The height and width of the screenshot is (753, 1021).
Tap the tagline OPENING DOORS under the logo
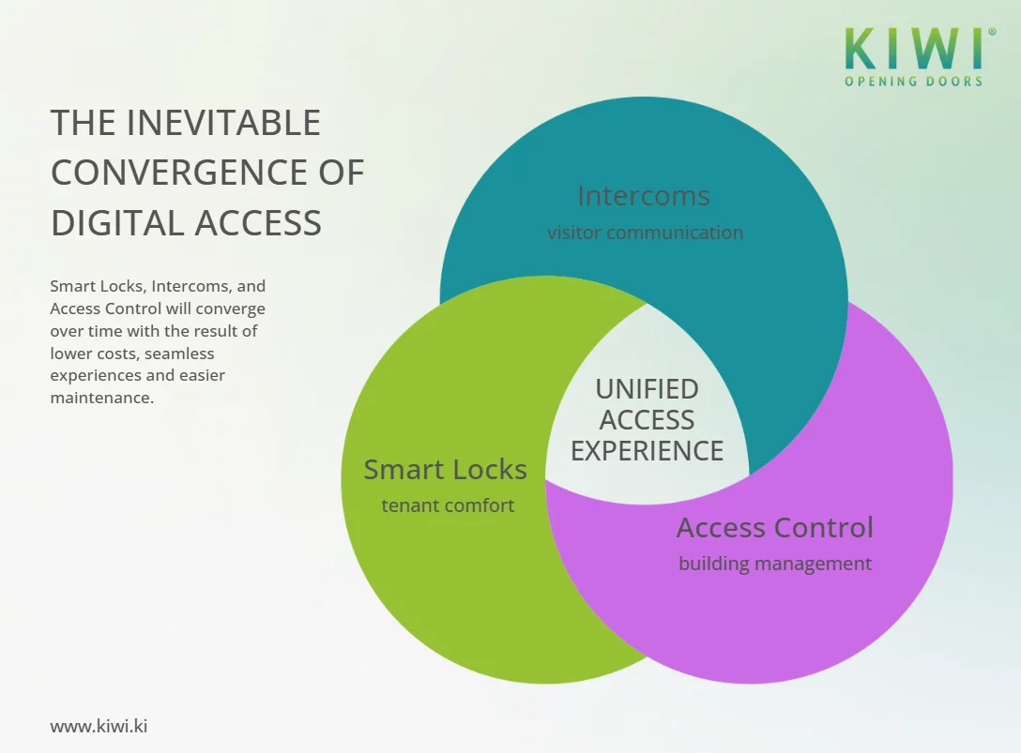(x=913, y=82)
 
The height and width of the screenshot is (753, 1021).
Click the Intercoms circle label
(x=644, y=196)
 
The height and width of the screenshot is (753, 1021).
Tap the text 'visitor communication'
(x=645, y=233)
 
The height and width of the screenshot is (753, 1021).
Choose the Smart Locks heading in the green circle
(x=445, y=470)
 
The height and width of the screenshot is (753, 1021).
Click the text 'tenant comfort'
(x=448, y=505)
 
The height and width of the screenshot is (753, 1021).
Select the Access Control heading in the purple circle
(x=774, y=528)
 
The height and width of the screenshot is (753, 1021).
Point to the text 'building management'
(x=774, y=564)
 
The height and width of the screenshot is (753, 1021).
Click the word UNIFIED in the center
(x=647, y=389)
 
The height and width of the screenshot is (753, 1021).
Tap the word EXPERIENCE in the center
(x=647, y=451)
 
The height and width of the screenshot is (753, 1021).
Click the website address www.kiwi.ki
(x=99, y=726)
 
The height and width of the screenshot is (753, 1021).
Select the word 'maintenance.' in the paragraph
(x=102, y=398)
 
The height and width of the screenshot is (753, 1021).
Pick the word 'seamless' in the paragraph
(x=179, y=354)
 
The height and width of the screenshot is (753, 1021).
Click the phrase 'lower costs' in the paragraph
(x=93, y=354)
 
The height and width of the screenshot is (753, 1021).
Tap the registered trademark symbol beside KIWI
(x=992, y=32)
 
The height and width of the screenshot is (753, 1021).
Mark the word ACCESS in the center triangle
(x=647, y=420)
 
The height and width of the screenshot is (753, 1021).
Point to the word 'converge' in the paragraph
(x=235, y=309)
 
